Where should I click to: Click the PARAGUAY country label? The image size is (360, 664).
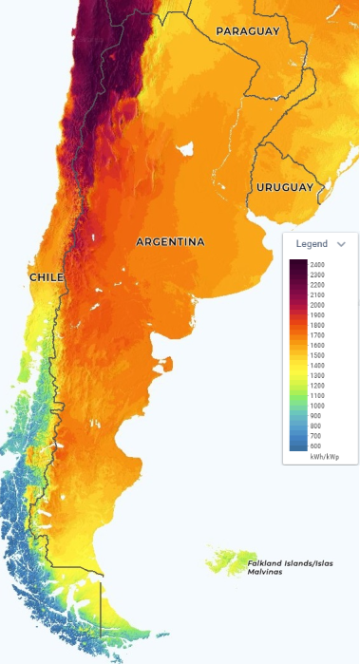(248, 31)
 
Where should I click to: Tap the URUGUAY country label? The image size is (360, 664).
(284, 188)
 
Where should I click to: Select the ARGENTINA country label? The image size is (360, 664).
(170, 242)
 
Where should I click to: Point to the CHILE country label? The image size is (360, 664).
(46, 276)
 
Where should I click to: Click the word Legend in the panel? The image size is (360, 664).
(312, 244)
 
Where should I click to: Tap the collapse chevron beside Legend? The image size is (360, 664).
(341, 244)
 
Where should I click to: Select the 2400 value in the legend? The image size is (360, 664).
(317, 264)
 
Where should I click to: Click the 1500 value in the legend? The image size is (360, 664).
(317, 355)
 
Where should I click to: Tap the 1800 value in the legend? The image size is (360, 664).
(317, 325)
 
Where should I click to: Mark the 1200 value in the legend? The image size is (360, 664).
(317, 386)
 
